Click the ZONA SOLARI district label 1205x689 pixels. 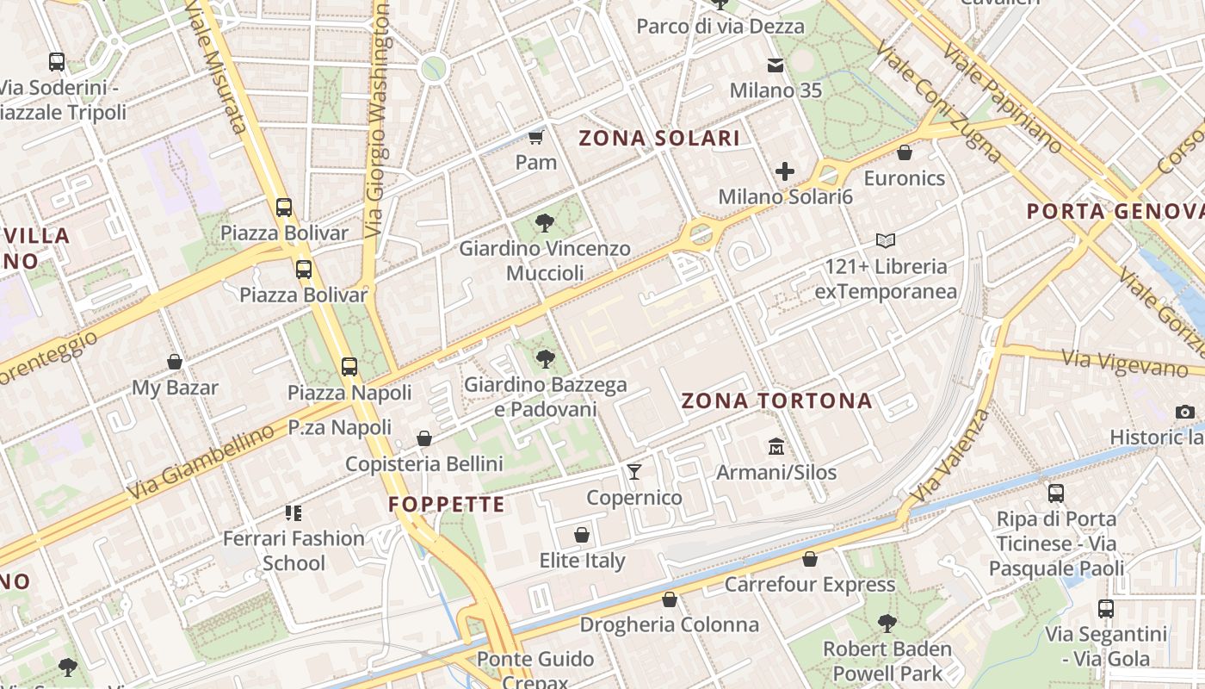pos(659,139)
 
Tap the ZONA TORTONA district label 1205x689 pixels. pos(776,400)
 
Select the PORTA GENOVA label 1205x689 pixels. pos(1115,211)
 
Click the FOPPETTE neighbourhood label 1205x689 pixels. pos(447,505)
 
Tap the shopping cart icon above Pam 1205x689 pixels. pos(535,137)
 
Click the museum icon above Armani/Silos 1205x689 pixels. pos(776,446)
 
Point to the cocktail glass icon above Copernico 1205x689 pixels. pos(634,471)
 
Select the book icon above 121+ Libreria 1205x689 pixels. pos(886,240)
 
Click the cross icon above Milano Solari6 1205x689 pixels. pos(785,171)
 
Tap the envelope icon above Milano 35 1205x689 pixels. pos(776,65)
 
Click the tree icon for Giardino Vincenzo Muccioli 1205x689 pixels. pos(544,223)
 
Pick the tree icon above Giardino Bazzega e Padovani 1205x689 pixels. pos(544,358)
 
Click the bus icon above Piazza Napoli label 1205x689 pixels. pos(349,367)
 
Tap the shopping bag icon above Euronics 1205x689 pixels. pos(904,152)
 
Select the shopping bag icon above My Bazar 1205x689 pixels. pos(175,362)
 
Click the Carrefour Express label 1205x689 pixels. pos(809,585)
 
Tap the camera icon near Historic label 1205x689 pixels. pos(1185,412)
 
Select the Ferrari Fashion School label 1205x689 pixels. pos(294,550)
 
